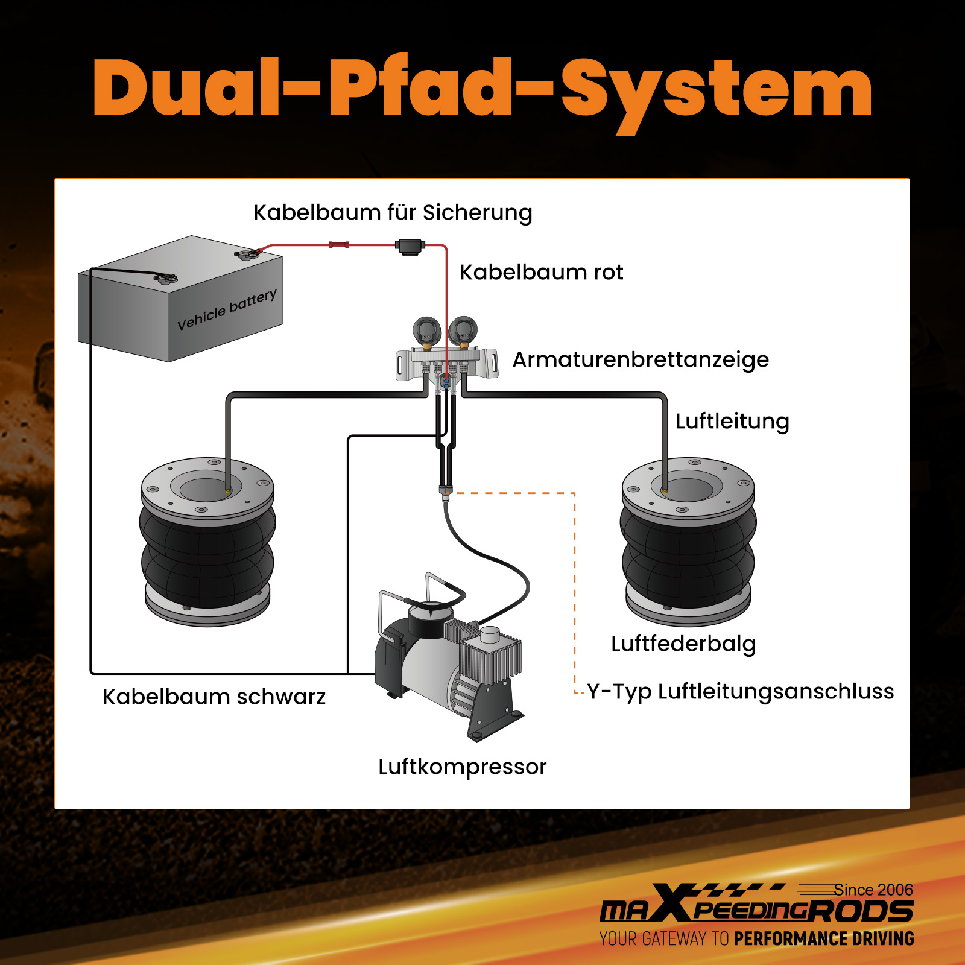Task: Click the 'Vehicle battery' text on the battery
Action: click(227, 309)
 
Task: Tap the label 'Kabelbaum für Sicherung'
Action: click(393, 212)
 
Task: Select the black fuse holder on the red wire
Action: click(410, 246)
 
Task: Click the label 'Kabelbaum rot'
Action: click(541, 272)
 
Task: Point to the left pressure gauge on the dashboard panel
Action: click(426, 331)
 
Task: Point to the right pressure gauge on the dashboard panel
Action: click(463, 330)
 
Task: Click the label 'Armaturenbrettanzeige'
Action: click(641, 359)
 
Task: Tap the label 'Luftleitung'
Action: click(732, 421)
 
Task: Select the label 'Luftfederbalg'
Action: click(683, 644)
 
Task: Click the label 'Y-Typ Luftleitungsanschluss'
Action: click(741, 691)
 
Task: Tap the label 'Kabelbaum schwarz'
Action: click(214, 697)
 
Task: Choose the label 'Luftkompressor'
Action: click(462, 767)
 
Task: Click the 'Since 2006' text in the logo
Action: click(873, 890)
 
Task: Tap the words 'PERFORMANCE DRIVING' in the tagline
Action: click(823, 938)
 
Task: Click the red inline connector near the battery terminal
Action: click(338, 245)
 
